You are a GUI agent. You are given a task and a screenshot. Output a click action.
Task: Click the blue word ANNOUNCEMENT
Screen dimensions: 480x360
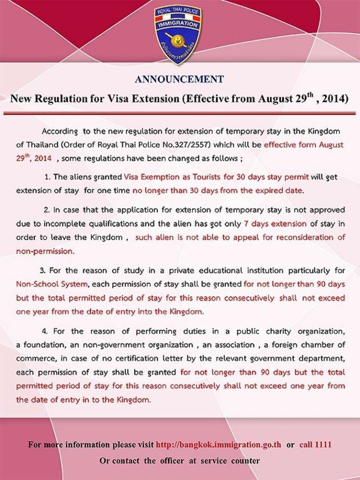coord(180,79)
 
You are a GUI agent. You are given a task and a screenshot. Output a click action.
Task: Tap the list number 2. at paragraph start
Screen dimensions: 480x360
coord(47,210)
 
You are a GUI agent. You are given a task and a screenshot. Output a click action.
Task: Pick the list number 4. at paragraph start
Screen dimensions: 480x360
coord(43,331)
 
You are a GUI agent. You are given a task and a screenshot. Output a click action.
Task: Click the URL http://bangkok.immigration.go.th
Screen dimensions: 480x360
coord(218,444)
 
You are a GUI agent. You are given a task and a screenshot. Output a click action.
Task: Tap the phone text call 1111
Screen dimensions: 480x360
coord(315,444)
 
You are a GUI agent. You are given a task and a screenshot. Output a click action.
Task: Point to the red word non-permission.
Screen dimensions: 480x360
coord(45,251)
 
